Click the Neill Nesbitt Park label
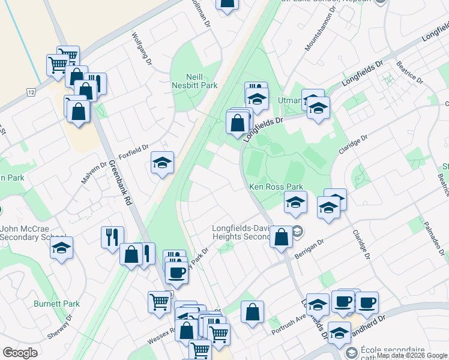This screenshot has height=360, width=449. click(193, 80)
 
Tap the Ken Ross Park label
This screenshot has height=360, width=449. click(276, 187)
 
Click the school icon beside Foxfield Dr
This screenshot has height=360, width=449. click(162, 163)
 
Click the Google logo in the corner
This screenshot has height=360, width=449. click(20, 353)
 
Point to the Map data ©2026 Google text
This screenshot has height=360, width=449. click(412, 355)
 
